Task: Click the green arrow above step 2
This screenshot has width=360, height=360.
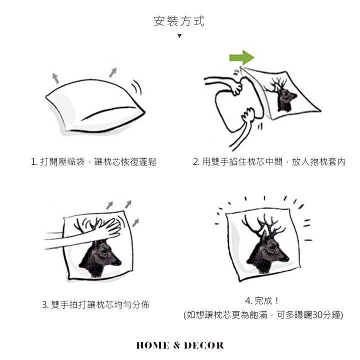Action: coord(242,57)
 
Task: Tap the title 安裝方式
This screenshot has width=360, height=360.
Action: coord(179,21)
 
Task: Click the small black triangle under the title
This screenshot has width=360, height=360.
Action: coord(179,36)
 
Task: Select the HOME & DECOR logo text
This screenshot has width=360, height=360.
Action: coord(180,345)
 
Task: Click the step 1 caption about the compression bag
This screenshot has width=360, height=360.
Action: coord(93,162)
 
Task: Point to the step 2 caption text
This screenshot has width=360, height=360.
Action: coord(269,162)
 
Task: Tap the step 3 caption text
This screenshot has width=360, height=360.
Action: coord(95,304)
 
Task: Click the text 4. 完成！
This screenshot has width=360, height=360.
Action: coord(262,301)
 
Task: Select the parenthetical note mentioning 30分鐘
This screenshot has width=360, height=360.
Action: coord(263,315)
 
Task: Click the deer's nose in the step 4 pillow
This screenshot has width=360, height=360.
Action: coord(287,259)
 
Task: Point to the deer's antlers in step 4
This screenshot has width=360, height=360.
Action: coord(263,226)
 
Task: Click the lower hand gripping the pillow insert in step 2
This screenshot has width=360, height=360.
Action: coord(247,116)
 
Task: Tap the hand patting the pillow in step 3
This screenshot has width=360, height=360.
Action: coord(108,228)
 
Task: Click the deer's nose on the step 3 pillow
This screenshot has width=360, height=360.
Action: coord(119,262)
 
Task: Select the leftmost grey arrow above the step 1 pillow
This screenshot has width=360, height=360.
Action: coord(55,78)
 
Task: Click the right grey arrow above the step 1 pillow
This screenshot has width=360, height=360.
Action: coord(113,72)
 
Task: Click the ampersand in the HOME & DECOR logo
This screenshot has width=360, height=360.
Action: coord(176,345)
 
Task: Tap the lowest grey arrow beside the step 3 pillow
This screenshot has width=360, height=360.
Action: coord(135,222)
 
